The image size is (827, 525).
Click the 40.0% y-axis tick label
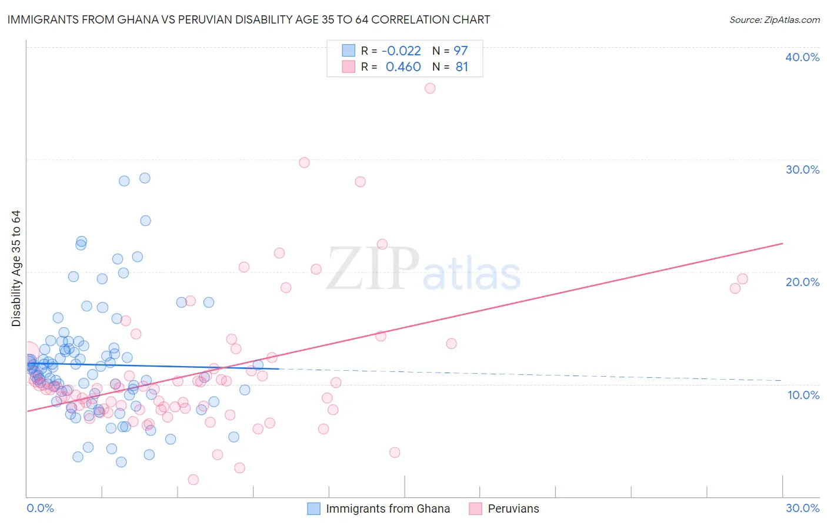pos(802,57)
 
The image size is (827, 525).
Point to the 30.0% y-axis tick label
pos(802,170)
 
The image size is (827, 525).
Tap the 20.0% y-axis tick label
pos(802,282)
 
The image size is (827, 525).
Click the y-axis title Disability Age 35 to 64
pos(16,268)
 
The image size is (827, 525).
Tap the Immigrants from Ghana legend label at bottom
pos(388,509)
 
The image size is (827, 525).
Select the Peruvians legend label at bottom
pos(513,509)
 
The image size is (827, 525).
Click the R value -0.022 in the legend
pos(401,51)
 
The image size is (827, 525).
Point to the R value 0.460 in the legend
pos(403,67)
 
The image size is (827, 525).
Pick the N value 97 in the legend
pos(461,51)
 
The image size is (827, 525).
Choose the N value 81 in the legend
pos(462,67)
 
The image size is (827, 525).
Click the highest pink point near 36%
pos(430,88)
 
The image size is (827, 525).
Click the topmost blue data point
pos(145,178)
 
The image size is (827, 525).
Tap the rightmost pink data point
pos(742,279)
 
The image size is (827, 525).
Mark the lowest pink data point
pos(193,480)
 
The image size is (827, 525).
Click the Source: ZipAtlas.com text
pos(774,20)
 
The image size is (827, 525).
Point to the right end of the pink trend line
pos(782,243)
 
